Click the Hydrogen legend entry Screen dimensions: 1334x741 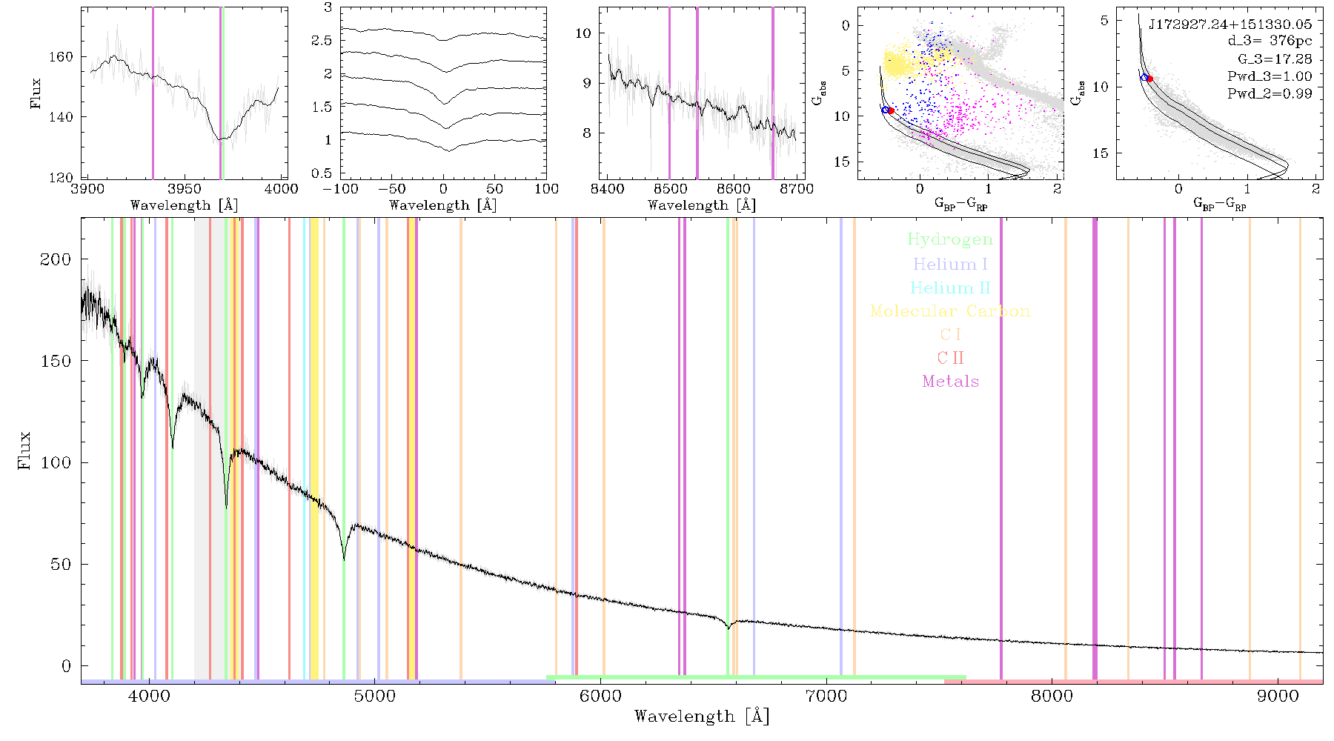point(949,239)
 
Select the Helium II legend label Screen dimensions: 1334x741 point(950,288)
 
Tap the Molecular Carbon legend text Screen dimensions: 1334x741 point(950,311)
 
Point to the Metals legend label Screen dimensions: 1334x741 point(951,382)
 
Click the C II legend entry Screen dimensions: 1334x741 point(951,358)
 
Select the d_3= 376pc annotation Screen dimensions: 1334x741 point(1270,41)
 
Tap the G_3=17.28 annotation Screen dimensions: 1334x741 point(1275,59)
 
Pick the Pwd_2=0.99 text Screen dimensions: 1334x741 point(1270,94)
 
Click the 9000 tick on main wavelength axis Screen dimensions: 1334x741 point(1278,696)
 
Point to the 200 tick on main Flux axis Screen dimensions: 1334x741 point(56,259)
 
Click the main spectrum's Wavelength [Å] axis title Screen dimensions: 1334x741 point(702,717)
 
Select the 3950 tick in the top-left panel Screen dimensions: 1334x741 point(185,189)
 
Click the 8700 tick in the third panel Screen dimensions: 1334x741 point(797,189)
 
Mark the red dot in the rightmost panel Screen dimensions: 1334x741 point(1149,79)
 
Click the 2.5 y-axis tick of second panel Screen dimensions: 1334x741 point(322,41)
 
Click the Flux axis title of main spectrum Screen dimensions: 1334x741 point(25,450)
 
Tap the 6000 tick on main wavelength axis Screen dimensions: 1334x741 point(600,696)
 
